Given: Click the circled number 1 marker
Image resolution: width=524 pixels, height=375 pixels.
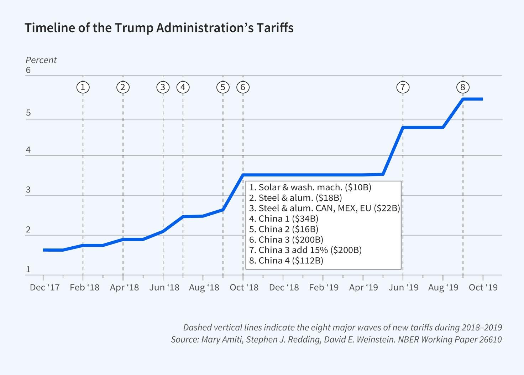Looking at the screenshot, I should pos(83,87).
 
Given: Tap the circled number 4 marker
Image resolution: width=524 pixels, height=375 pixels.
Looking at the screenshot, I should pos(183,87).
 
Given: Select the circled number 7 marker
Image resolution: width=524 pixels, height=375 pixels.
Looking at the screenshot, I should pos(403,87).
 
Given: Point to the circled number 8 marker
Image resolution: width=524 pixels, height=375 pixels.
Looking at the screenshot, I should pos(463,87).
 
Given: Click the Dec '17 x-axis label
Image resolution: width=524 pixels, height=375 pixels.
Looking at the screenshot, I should pos(44,288).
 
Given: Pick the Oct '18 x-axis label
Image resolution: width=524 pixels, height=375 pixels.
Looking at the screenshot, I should pos(244,288).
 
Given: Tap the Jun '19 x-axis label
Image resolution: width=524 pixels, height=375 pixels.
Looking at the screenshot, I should pos(403,288).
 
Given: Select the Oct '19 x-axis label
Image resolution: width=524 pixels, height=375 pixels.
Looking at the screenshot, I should pos(483,288).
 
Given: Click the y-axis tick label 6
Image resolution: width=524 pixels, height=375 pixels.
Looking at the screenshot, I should pos(28,70).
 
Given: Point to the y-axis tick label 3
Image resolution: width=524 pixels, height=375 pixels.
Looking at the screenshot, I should pos(28,190).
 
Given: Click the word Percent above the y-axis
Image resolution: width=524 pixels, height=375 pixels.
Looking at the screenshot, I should pos(41,60).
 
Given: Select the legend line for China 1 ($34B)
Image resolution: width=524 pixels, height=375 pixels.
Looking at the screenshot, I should pos(284,219).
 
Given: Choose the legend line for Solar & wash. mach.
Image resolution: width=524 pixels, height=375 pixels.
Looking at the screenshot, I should pos(310,187).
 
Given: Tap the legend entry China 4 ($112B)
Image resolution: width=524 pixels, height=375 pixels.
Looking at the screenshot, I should pos(286,261).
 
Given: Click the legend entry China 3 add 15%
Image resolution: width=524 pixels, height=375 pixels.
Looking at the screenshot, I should pos(305,250).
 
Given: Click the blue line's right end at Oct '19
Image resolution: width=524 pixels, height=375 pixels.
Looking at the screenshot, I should pos(482,99).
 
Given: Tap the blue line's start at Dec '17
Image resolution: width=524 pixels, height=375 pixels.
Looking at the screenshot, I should pos(44,250).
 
